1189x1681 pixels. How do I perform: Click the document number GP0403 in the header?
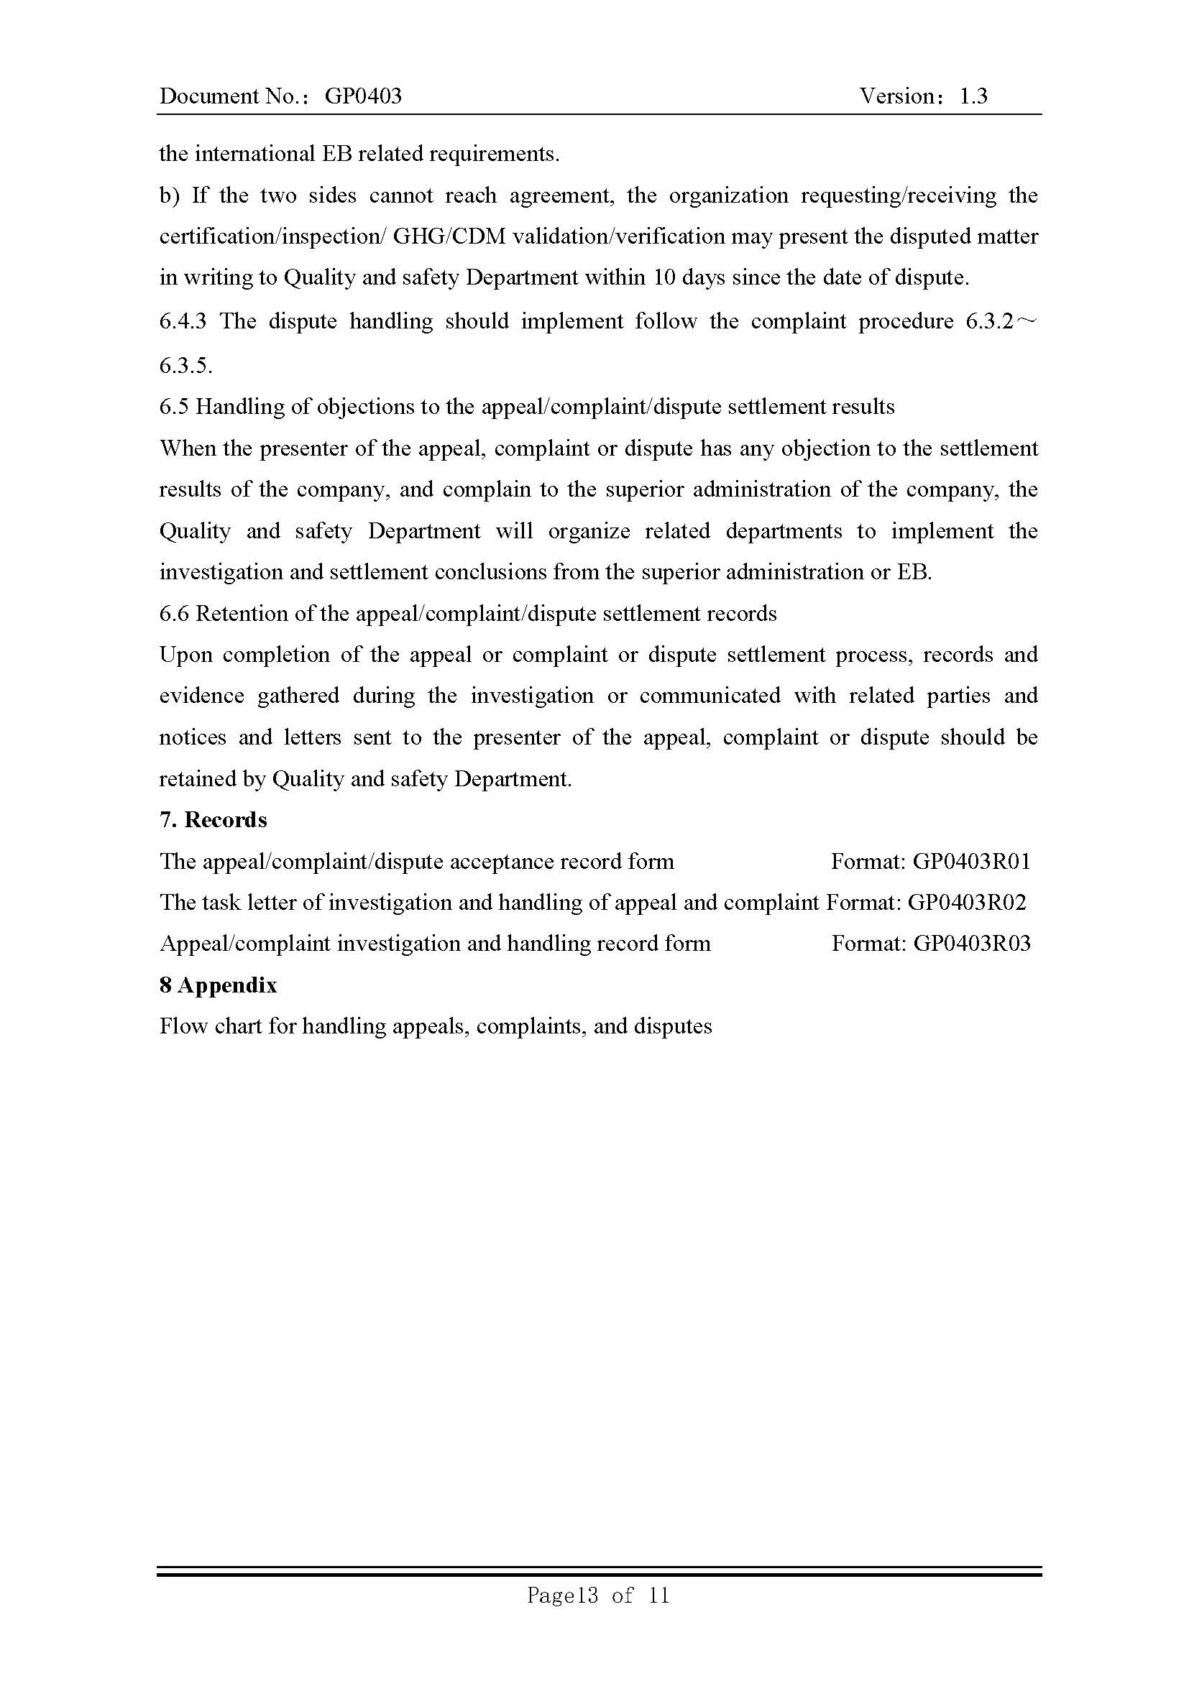tap(363, 96)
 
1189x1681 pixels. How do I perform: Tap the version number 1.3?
tap(973, 96)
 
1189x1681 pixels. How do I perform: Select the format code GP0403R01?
tap(972, 861)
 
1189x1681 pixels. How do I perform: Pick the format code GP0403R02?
tap(966, 902)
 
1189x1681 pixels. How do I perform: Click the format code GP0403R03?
tap(972, 943)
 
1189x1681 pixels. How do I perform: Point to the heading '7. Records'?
tap(213, 820)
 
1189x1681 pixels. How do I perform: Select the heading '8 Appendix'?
tap(219, 985)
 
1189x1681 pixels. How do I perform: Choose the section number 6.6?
tap(174, 613)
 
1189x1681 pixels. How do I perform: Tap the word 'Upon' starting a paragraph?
tap(186, 655)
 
